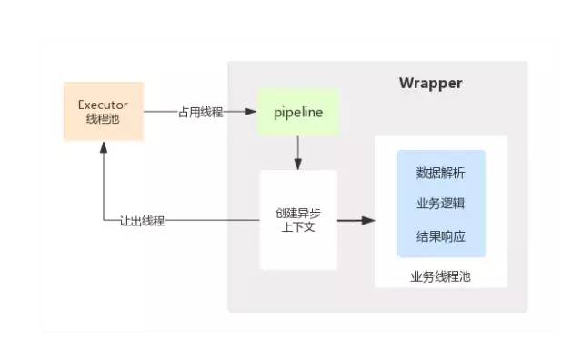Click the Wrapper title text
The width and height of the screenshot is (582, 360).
coord(430,84)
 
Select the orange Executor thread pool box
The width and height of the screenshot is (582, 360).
coord(104,111)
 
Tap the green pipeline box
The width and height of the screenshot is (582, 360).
coord(298,112)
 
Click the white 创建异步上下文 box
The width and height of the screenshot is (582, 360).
coord(298,220)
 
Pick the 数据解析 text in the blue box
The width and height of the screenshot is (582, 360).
coord(441,173)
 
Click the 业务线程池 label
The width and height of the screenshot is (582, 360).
coord(441,275)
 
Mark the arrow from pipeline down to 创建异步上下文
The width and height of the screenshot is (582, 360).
coord(298,153)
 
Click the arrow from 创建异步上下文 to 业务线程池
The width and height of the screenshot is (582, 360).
coord(356,220)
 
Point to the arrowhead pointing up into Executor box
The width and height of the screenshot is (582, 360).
coord(104,148)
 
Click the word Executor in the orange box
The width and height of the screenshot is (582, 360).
coord(104,104)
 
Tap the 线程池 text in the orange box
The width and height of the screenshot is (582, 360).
coord(104,119)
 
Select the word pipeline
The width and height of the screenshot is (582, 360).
coord(298,112)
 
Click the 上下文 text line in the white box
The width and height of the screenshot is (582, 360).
coord(298,227)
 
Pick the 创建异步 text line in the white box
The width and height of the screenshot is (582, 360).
coord(298,213)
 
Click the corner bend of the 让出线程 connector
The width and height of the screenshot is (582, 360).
coord(104,221)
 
